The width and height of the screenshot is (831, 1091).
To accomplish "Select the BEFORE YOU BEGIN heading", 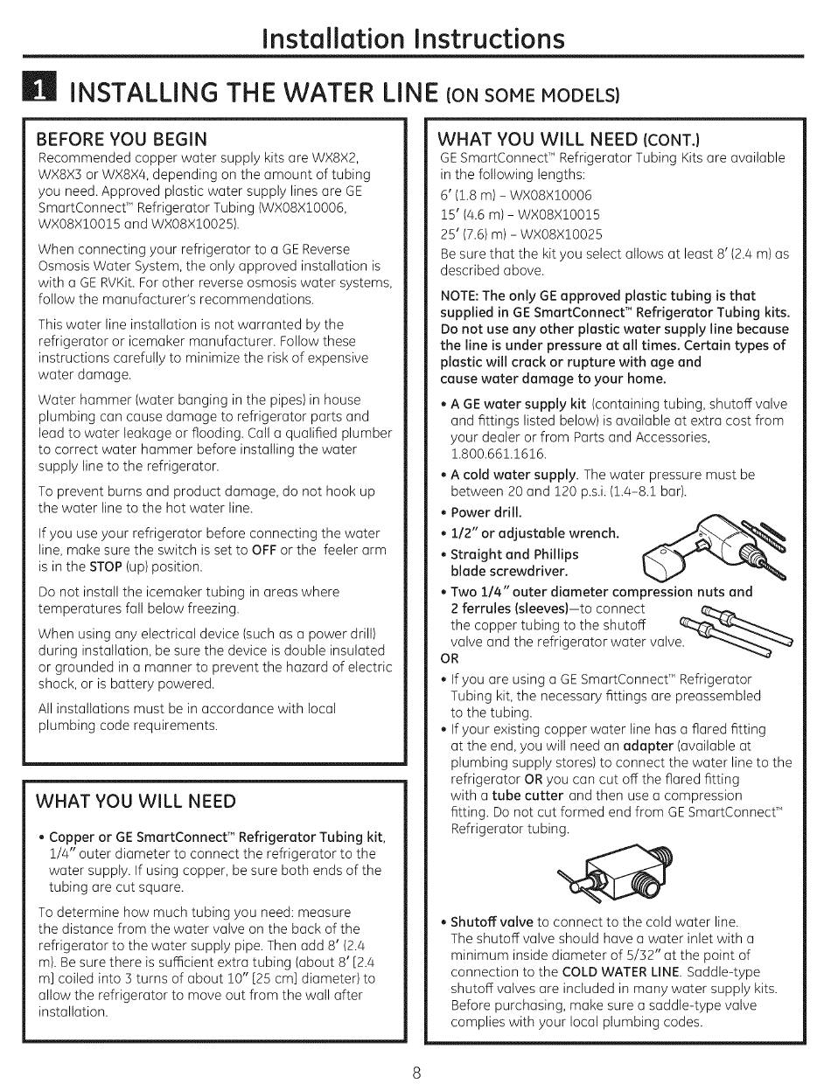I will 122,139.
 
